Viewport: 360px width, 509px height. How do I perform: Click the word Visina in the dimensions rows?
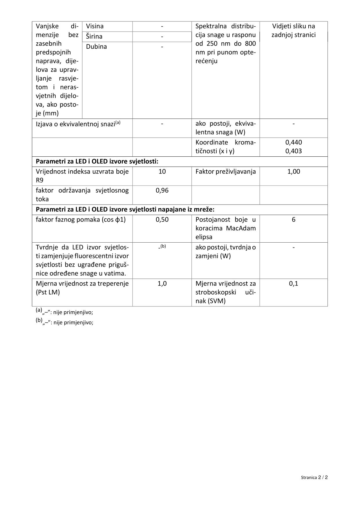click(95, 26)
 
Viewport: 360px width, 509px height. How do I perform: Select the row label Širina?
click(94, 37)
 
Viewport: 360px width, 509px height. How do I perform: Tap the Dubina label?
click(96, 47)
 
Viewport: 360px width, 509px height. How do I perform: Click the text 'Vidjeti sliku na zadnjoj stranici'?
click(293, 30)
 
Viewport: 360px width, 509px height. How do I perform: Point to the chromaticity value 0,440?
click(294, 142)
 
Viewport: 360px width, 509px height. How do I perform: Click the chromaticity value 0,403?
click(294, 151)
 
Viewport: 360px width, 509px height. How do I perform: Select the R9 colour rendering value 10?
click(162, 172)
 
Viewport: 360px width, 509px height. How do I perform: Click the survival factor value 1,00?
click(294, 172)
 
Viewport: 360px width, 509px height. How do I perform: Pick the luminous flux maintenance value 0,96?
click(162, 191)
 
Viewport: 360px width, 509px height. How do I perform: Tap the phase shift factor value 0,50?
click(162, 220)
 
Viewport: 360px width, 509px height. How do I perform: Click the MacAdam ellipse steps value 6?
click(294, 220)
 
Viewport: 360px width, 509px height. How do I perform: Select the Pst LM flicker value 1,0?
click(162, 284)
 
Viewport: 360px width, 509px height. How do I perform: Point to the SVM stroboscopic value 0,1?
click(294, 284)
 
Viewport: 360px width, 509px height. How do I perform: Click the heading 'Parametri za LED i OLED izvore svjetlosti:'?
click(97, 162)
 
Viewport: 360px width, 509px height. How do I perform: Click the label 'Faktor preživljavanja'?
click(225, 172)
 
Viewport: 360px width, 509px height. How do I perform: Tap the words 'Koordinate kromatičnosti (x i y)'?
click(225, 147)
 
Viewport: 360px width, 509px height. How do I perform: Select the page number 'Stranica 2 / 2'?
click(314, 477)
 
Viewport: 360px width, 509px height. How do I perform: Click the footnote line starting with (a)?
click(64, 312)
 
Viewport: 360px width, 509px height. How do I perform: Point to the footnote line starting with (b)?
click(64, 322)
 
